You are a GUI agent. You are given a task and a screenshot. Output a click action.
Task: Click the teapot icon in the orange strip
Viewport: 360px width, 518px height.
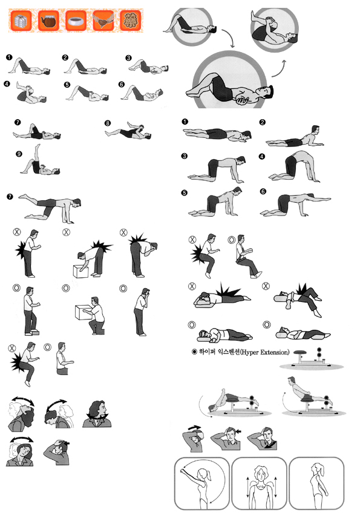point(48,21)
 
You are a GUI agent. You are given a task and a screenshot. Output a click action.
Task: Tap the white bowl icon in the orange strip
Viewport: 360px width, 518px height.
point(76,21)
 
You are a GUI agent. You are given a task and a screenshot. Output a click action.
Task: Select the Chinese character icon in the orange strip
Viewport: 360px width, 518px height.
point(131,21)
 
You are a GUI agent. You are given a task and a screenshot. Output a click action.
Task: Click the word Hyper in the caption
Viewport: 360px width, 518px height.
point(250,352)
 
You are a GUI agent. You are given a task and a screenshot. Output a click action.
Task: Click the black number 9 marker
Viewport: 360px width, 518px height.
point(19,154)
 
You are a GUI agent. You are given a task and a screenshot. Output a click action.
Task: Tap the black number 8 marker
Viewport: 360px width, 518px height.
point(108,123)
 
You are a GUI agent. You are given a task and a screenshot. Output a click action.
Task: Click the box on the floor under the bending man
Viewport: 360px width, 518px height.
point(80,271)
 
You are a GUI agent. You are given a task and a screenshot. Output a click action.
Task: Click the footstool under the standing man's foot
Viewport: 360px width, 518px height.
point(34,332)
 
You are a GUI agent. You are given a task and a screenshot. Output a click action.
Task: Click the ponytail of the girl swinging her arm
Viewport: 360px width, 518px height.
point(209,474)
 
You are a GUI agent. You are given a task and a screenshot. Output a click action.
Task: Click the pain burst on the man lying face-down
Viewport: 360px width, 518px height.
point(228,290)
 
